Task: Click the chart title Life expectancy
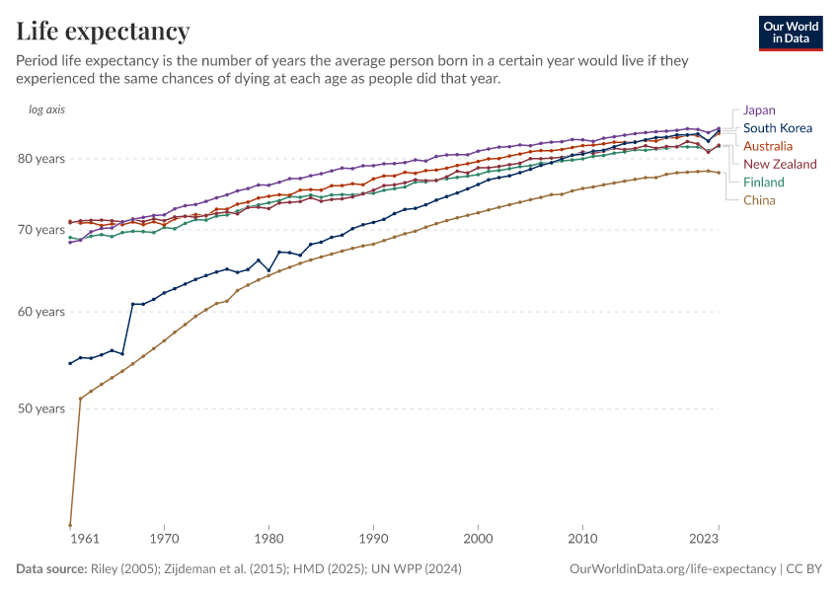click(x=104, y=32)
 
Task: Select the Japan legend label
click(x=759, y=110)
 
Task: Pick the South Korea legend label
click(x=778, y=127)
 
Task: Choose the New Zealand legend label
click(x=780, y=164)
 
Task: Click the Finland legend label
click(x=764, y=182)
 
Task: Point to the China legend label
click(x=760, y=199)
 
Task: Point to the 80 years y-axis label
click(x=42, y=158)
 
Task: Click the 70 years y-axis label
click(x=42, y=230)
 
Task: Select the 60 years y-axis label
click(x=42, y=312)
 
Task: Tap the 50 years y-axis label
click(x=42, y=408)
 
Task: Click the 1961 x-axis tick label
click(x=85, y=540)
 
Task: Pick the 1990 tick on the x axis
click(x=373, y=540)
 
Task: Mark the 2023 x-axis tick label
click(x=704, y=540)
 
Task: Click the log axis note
click(x=46, y=110)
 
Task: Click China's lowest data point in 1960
click(x=70, y=525)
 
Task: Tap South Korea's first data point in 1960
click(x=70, y=363)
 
